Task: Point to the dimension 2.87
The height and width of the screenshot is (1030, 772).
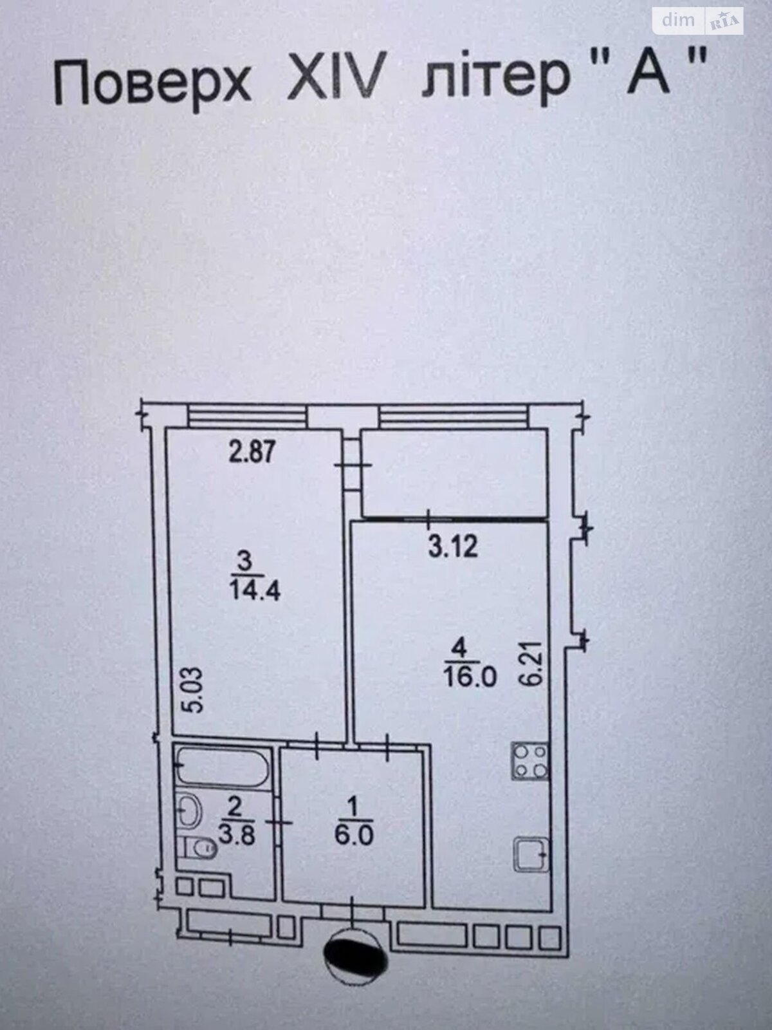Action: point(253,451)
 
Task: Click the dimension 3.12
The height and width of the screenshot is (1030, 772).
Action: point(453,547)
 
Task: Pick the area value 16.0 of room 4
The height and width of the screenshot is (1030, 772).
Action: point(470,677)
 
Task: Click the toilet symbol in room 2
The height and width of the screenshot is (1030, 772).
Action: point(200,848)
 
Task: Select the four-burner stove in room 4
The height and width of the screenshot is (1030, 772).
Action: point(529,761)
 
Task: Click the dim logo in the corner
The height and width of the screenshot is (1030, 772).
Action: point(679,21)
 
